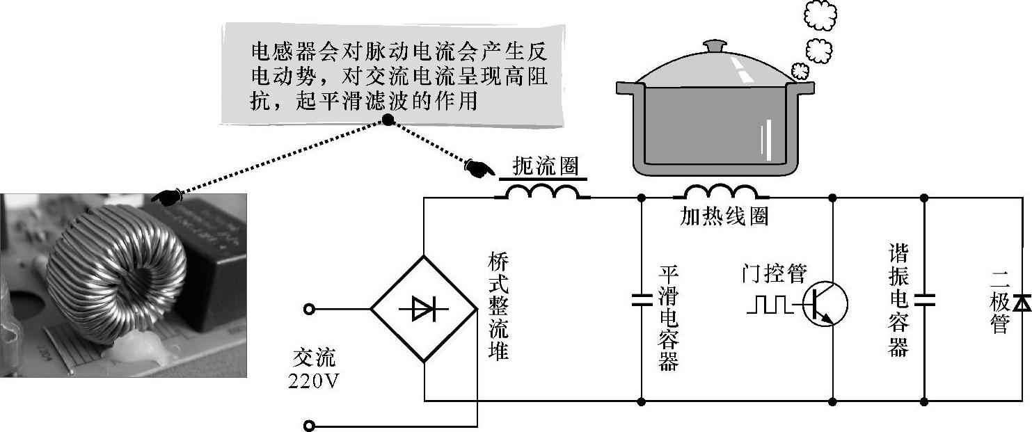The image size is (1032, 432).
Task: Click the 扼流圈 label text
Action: pos(545,166)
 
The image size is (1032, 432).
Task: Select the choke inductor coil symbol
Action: pos(543,191)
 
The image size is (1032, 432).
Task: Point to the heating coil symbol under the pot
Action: pos(720,191)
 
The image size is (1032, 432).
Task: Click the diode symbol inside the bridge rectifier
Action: pos(423,308)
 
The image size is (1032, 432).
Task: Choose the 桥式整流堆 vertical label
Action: pos(498,306)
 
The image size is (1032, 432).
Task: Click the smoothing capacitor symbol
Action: pos(641,301)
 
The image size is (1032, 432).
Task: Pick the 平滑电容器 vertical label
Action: pos(669,319)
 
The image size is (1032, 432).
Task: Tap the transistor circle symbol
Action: pos(825,305)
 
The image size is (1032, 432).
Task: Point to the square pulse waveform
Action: pos(769,305)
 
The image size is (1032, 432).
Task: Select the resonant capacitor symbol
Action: pos(924,301)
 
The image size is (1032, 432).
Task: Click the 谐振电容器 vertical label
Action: pos(899,301)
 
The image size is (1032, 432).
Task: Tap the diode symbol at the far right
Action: pos(1021,302)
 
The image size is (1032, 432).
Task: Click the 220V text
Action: pos(313,380)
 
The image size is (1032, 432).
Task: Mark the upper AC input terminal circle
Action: pos(309,308)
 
